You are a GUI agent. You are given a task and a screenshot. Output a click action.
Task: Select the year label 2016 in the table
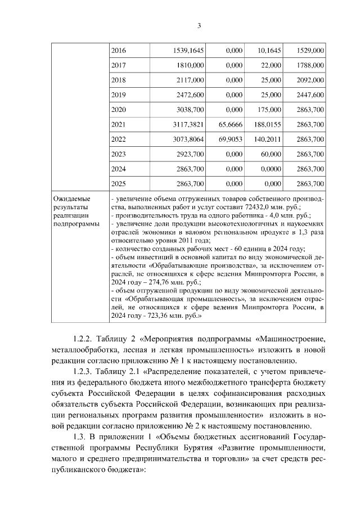tap(119, 51)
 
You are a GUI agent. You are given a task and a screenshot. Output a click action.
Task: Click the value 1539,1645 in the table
tap(189, 51)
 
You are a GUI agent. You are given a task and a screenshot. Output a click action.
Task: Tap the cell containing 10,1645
tap(268, 51)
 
